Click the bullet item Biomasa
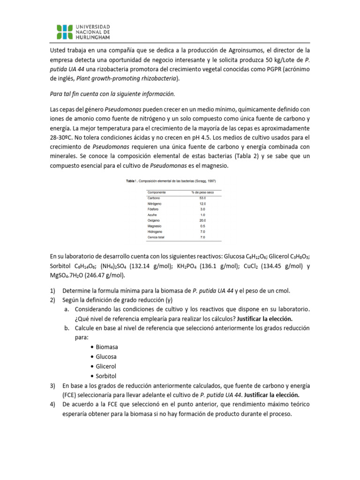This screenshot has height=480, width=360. coord(107,347)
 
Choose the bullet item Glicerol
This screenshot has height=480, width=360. coord(106,366)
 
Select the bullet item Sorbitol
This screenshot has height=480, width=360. coord(106,376)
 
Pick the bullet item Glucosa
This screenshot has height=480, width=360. coord(106,357)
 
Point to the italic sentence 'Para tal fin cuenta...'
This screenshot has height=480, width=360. coord(112,94)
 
